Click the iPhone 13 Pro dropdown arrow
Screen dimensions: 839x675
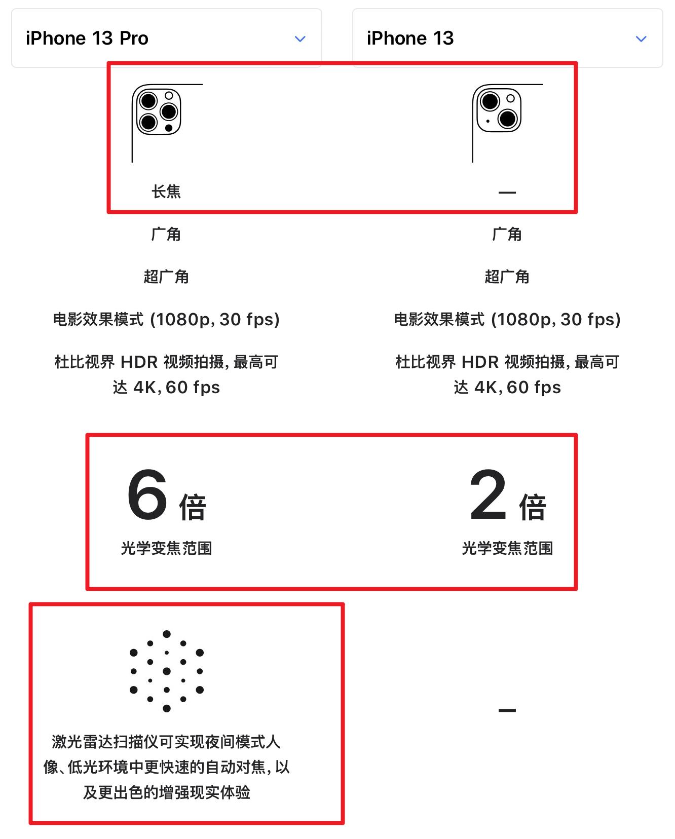click(300, 39)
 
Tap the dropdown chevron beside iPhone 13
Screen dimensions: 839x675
click(641, 39)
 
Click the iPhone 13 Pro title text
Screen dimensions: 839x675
click(87, 39)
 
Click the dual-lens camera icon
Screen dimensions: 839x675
click(499, 109)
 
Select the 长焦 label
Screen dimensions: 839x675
click(166, 192)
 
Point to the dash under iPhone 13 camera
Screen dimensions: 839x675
click(507, 193)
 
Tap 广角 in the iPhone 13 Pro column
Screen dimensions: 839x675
click(166, 234)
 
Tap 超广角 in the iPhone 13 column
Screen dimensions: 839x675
click(507, 277)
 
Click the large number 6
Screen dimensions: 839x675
click(147, 495)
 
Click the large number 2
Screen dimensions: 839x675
click(488, 495)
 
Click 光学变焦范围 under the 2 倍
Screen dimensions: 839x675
click(507, 548)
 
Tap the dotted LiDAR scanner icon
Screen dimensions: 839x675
click(167, 671)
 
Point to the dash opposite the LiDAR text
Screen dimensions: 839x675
click(507, 710)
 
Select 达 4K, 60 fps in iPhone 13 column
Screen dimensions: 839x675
click(507, 388)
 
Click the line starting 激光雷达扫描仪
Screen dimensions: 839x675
click(166, 742)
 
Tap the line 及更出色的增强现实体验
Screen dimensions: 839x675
click(166, 792)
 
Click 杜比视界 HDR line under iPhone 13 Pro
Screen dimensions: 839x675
click(166, 362)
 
